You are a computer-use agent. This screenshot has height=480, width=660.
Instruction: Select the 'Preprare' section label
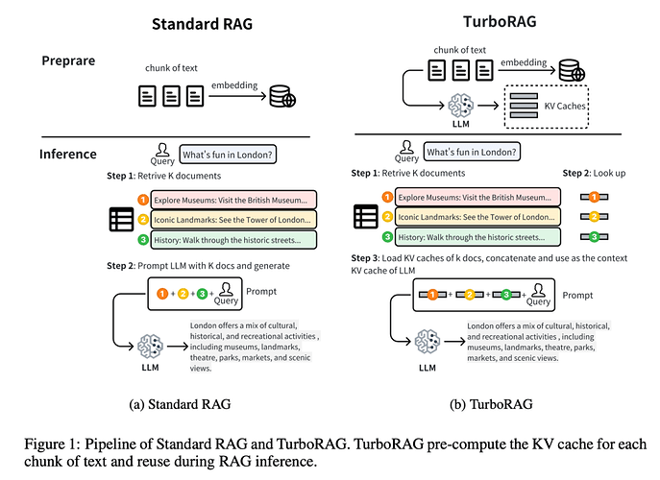click(68, 60)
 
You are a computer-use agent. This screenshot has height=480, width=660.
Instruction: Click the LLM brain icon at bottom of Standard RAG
click(149, 347)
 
